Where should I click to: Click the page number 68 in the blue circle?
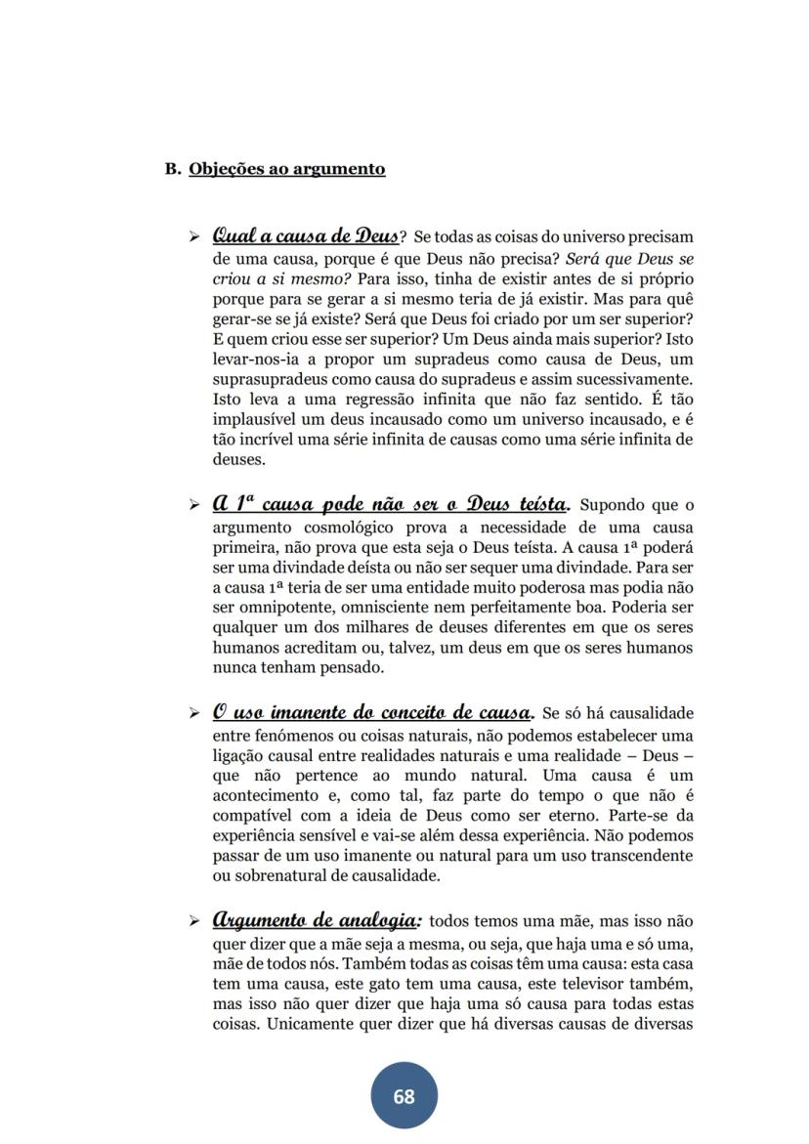pos(404,1096)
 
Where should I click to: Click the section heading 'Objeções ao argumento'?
pos(286,169)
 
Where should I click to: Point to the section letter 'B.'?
pos(173,169)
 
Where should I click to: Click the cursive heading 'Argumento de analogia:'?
pos(317,920)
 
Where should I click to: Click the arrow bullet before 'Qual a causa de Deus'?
pos(194,237)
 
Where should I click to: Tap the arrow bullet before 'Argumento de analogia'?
pos(194,922)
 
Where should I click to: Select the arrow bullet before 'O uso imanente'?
pos(194,713)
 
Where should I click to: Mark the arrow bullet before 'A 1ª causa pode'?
pos(194,506)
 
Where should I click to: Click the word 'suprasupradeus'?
pos(268,378)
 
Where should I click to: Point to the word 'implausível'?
pos(253,419)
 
